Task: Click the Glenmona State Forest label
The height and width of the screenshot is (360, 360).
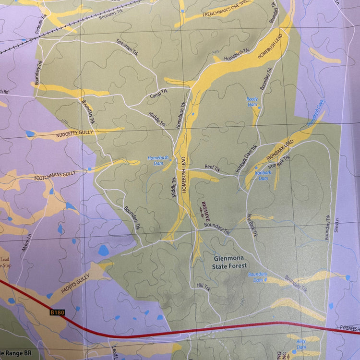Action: pyautogui.click(x=229, y=262)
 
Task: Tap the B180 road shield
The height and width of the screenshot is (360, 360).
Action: pyautogui.click(x=57, y=312)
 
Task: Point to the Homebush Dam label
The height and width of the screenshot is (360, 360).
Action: pyautogui.click(x=158, y=160)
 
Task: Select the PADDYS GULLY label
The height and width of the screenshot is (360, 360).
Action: pyautogui.click(x=75, y=283)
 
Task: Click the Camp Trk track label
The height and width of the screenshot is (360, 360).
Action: pyautogui.click(x=158, y=92)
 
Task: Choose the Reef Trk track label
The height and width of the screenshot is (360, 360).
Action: pyautogui.click(x=212, y=169)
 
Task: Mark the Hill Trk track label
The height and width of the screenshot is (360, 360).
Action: pyautogui.click(x=204, y=286)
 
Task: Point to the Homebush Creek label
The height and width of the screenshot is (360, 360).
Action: pyautogui.click(x=315, y=112)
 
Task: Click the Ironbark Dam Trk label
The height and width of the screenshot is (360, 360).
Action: pyautogui.click(x=246, y=159)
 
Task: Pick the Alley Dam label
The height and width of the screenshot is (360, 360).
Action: pyautogui.click(x=301, y=344)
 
